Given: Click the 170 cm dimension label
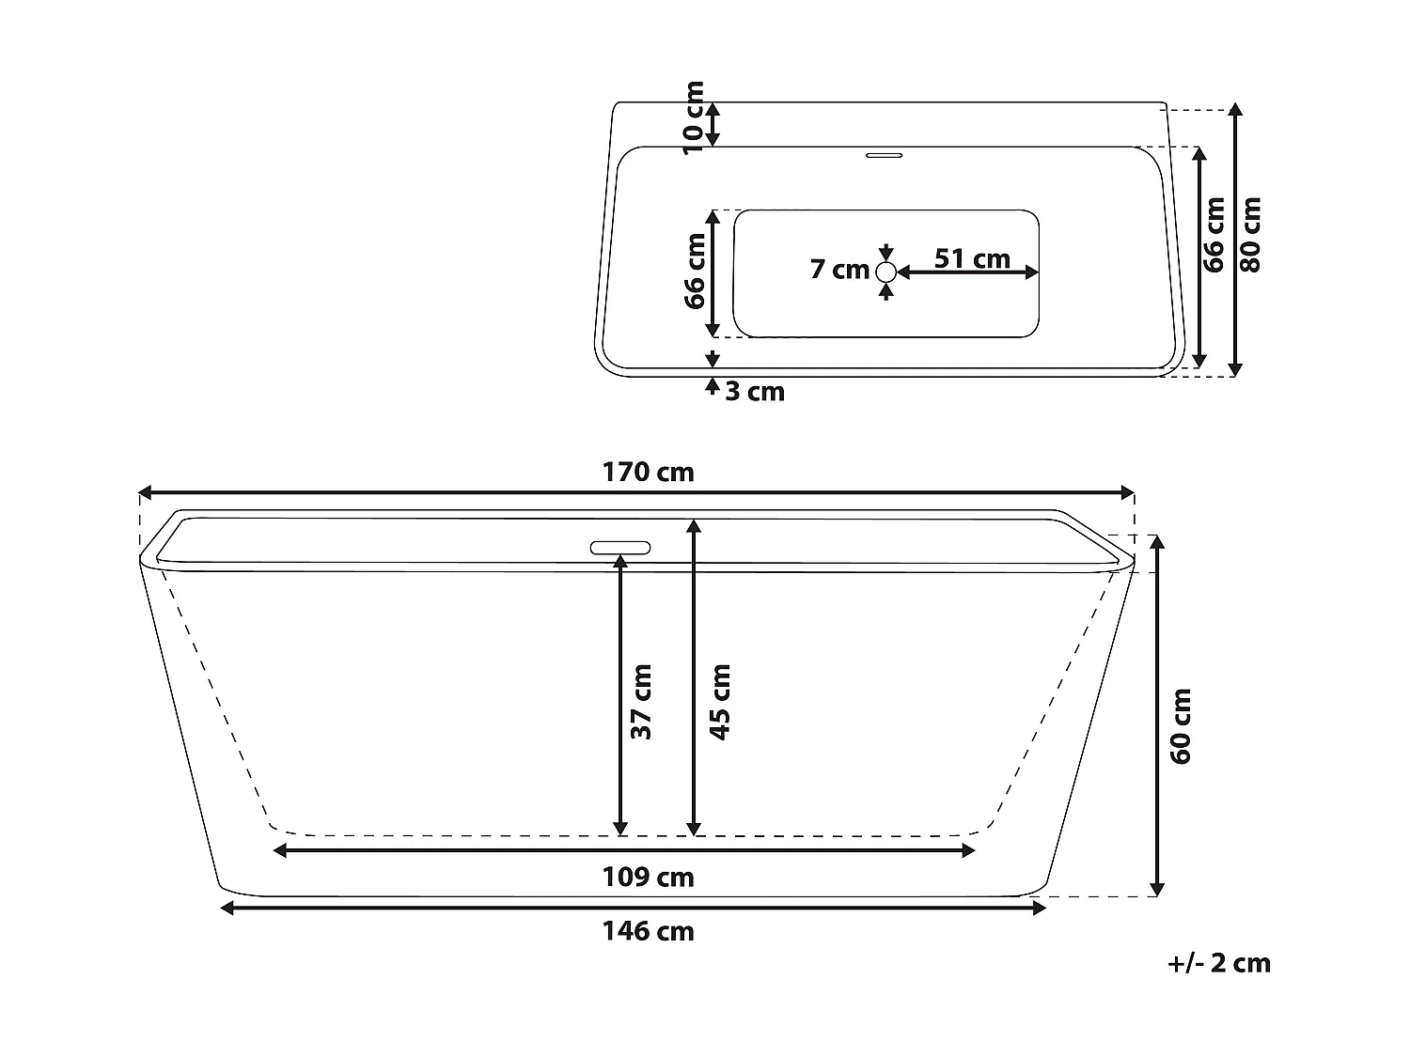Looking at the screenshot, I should coord(648,472).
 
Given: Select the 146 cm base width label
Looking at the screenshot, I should coord(648,931).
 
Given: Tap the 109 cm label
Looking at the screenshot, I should coord(648,877).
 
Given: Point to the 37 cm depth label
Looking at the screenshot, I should coord(641,702).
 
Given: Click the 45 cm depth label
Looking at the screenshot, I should coord(719,702).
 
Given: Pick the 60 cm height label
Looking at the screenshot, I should coord(1182,725).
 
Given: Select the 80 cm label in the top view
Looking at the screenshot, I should coord(1250,234).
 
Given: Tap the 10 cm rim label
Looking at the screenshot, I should coord(693,117).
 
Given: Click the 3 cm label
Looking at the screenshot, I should coord(754,391).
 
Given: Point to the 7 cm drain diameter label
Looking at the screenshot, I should coord(839,270).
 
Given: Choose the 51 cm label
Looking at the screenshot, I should coord(972,257).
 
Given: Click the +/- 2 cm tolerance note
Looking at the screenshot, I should coord(1218,963).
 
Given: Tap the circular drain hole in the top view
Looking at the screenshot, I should coord(885,272).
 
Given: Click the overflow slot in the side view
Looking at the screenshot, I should coord(619,547).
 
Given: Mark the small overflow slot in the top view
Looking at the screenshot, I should coord(884,153).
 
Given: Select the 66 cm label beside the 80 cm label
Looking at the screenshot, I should coord(1214,235).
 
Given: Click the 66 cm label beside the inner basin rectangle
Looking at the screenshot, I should coord(695,271).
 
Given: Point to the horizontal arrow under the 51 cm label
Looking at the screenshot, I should coord(968,272).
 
